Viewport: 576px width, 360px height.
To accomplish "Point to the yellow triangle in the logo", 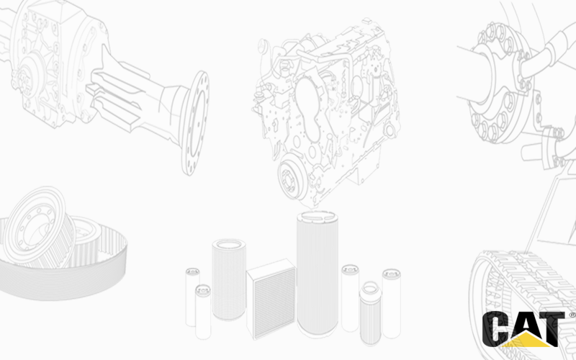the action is coord(526,340).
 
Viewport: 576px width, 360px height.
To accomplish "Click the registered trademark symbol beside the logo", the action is coord(572,315).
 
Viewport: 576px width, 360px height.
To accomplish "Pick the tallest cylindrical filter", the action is coord(318,274).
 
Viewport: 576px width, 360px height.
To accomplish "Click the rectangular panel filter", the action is coord(271,299).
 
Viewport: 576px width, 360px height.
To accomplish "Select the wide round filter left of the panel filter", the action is coord(228,279).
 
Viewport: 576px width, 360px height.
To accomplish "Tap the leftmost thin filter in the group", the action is coord(192,297).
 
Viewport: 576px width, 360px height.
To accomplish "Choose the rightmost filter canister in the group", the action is coord(391,303).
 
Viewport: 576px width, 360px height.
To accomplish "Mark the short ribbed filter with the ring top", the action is coord(370,313).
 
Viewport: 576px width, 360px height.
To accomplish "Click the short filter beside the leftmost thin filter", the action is coord(203,312).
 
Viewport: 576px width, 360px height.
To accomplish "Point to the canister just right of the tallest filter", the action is coord(350,298).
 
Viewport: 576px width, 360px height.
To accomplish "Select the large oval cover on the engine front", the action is coord(308,109).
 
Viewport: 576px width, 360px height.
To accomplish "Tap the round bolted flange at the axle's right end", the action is coord(195,123).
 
